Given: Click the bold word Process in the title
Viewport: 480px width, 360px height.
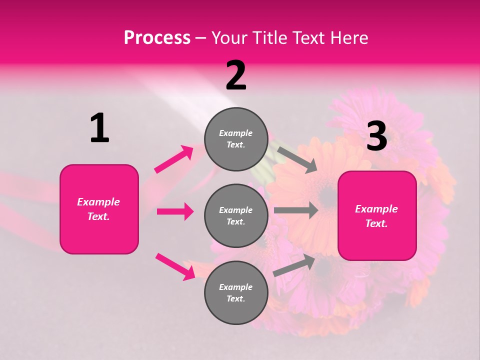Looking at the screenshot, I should point(157,38).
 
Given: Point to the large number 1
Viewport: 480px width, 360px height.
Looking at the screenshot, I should point(99,128).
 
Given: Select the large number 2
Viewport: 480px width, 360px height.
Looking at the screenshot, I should point(236,75).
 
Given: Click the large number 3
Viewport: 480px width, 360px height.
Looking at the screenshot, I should point(376,136).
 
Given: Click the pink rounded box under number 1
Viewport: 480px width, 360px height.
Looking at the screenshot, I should point(99,209).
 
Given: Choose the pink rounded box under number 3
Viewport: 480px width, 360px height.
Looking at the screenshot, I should point(377,215).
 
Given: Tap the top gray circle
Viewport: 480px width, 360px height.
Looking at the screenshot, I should point(236,139).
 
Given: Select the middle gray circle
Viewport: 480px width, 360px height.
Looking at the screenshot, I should point(236,215).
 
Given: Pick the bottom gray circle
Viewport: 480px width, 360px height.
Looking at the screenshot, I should point(236,292).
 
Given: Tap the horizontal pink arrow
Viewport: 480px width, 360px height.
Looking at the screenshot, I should point(175,211).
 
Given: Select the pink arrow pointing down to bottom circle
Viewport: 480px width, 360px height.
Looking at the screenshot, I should point(175,266).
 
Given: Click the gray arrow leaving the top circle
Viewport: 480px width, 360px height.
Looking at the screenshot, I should point(297,159).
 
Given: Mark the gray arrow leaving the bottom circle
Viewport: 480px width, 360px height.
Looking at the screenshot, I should point(294,265).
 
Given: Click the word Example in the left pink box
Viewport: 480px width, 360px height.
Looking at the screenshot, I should point(98,202).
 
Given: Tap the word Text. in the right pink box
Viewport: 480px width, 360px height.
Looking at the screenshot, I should point(376,223).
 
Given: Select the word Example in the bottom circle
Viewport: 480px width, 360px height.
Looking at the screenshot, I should point(235,287).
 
